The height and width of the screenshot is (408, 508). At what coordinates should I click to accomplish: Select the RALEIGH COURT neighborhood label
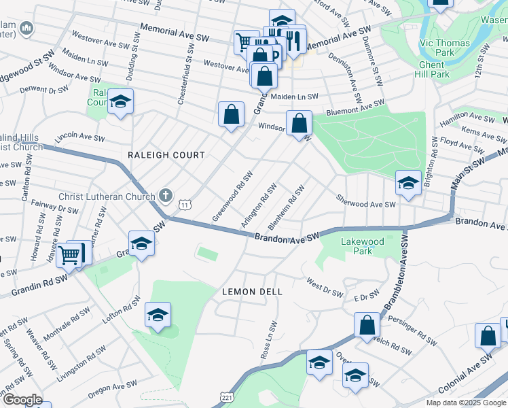point(166,155)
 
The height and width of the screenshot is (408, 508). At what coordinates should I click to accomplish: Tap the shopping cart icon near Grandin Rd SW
point(70,255)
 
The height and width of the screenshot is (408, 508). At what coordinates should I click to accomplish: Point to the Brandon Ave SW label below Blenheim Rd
point(287,237)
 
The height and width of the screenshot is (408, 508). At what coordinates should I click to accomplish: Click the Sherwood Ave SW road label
point(365,203)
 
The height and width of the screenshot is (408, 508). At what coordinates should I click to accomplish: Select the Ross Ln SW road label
point(270,340)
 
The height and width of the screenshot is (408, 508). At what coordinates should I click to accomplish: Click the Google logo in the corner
point(22,400)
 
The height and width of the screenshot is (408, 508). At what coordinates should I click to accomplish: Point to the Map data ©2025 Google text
point(467,403)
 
